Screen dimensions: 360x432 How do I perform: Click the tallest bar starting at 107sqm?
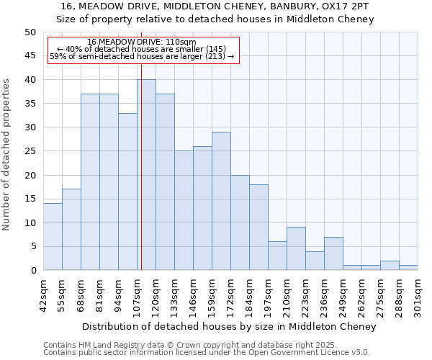146,175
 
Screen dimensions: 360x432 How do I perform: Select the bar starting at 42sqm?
53,237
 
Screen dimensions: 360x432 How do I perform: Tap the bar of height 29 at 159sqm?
221,201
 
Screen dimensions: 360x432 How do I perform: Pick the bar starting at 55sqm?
71,230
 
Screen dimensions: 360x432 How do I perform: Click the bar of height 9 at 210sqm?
296,248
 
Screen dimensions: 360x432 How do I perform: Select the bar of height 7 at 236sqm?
333,253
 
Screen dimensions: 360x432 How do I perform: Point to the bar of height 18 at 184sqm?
258,228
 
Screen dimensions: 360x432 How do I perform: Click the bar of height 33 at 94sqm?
127,192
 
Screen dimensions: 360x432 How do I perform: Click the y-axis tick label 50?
30,32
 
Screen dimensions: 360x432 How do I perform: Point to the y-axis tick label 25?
30,151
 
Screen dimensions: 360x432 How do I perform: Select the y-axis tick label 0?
32,271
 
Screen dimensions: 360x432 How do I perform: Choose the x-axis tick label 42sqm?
43,294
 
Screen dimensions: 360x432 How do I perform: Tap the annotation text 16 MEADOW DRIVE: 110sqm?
141,42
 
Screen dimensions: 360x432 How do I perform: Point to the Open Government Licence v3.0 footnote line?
206,353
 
